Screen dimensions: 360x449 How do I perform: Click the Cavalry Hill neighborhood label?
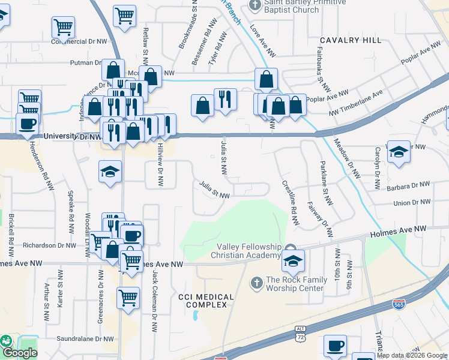[350, 40]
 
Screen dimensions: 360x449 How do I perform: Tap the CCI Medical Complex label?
[203, 301]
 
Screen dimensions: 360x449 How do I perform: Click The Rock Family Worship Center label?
[294, 284]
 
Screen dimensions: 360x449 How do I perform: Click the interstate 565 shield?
[399, 305]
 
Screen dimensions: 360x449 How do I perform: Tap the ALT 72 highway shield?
[301, 334]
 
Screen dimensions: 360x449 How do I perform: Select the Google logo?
[20, 353]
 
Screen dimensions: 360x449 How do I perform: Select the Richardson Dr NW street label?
[49, 245]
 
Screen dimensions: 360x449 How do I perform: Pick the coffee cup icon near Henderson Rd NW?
[27, 124]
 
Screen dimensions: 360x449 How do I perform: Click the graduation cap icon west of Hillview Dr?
[110, 173]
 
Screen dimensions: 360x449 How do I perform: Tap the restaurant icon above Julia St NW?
[225, 100]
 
